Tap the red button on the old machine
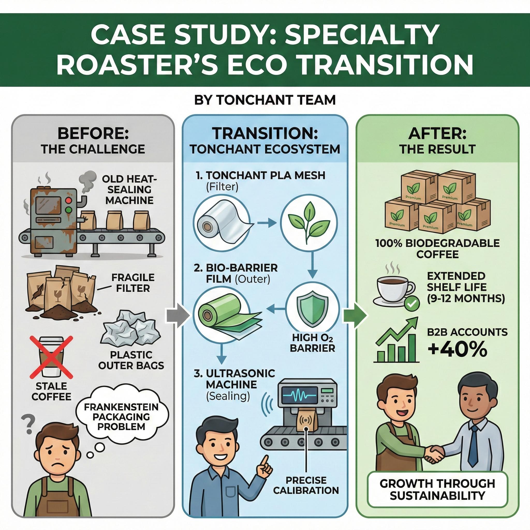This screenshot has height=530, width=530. coord(69,200)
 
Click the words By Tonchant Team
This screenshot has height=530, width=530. coord(265,100)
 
